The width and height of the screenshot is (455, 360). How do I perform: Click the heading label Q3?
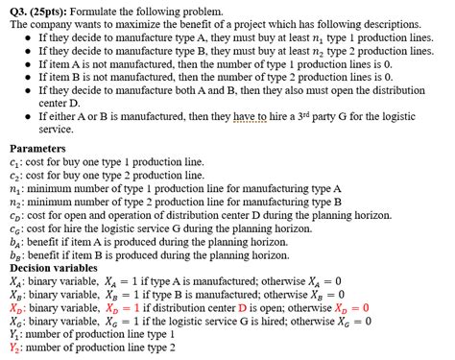tap(18, 10)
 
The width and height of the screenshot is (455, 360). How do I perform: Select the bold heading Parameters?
tap(37, 149)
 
